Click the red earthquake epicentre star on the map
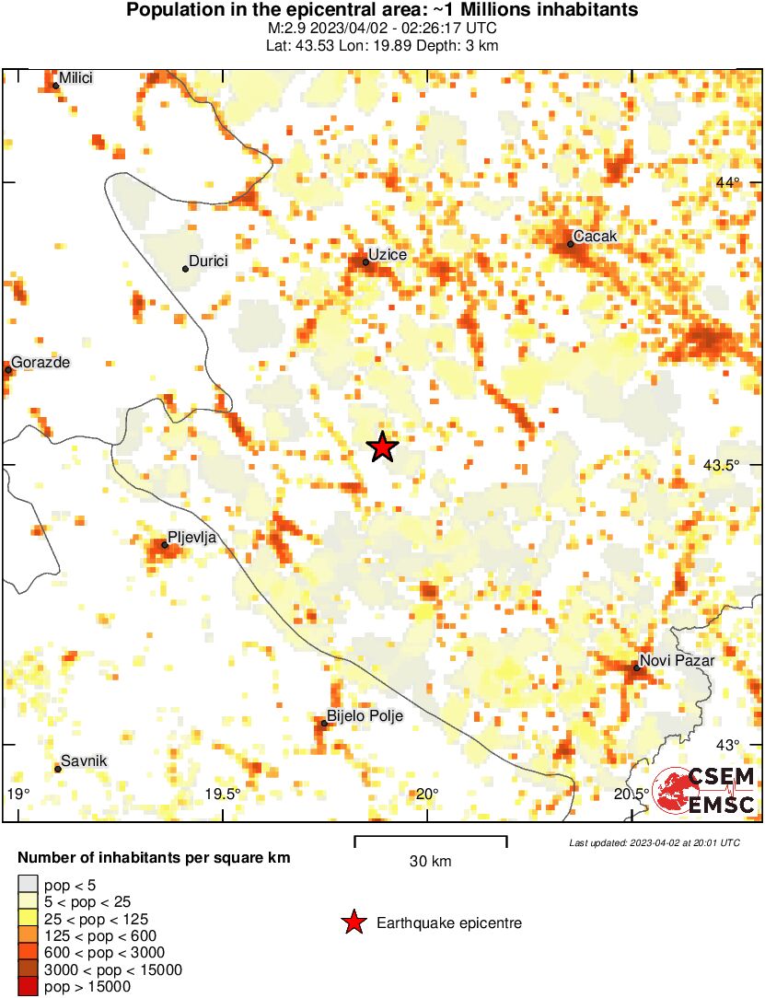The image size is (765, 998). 382,447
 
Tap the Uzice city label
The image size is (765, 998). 387,254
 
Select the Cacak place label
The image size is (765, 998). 595,237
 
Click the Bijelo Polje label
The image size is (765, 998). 365,715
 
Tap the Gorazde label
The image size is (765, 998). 41,363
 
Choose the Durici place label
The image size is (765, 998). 207,261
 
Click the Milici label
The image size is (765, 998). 76,78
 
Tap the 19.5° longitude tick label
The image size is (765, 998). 223,795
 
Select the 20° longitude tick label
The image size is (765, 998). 426,795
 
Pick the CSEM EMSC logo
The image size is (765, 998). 704,790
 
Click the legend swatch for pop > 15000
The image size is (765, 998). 29,986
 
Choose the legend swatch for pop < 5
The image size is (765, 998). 29,886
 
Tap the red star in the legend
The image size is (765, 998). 353,923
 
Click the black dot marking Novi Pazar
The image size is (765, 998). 636,667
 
